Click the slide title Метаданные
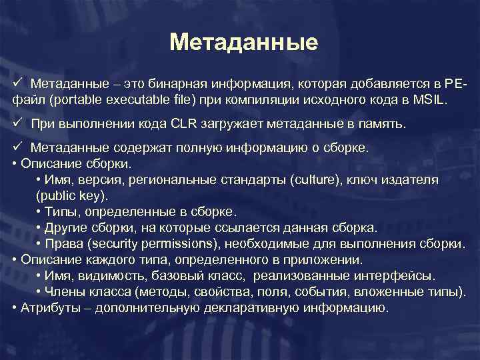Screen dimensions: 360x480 tap(243, 43)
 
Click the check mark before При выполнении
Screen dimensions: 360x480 tap(17, 123)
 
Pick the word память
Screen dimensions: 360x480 tap(379, 124)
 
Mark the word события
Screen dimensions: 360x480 tap(343, 292)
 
